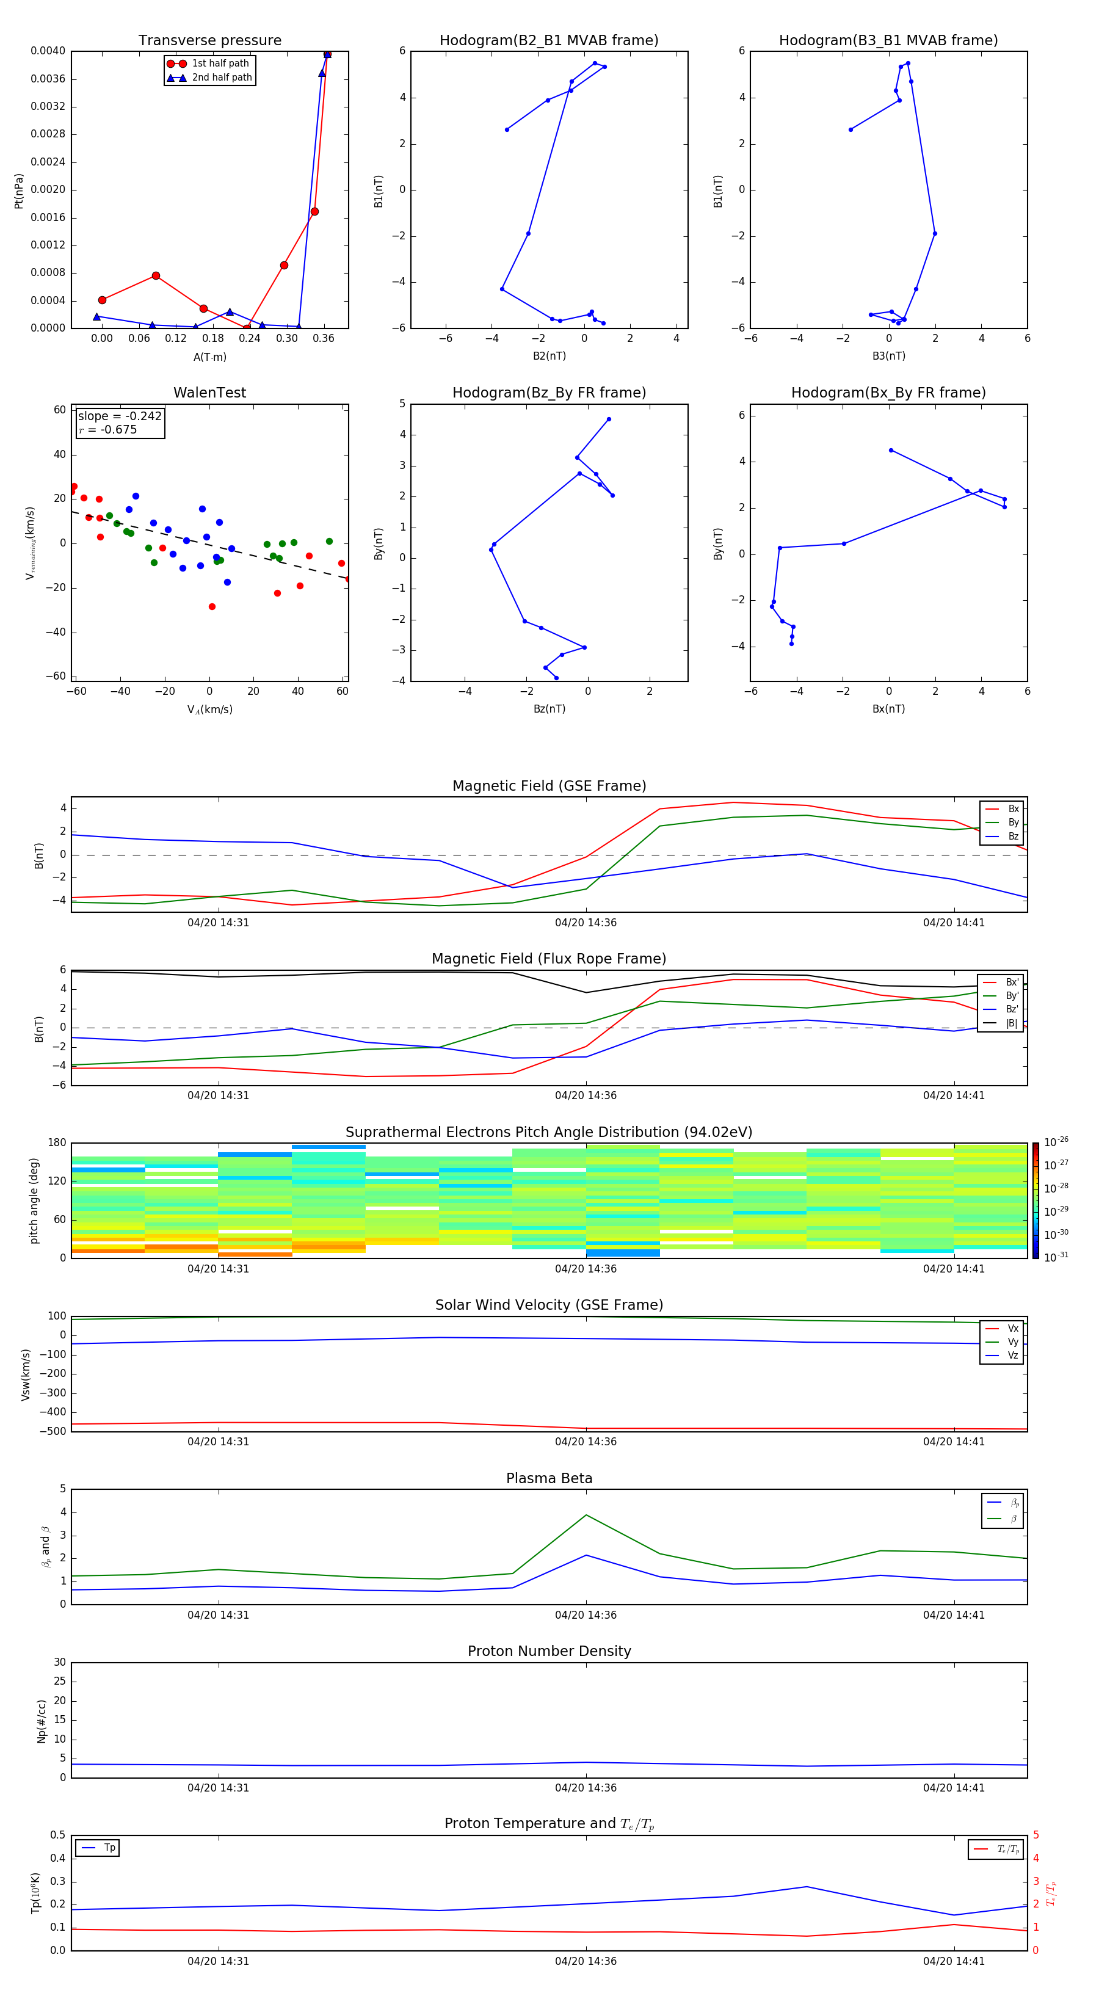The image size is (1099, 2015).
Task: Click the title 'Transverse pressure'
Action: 209,41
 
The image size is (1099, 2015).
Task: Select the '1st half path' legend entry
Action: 220,64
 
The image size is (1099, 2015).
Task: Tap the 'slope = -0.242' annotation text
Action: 120,416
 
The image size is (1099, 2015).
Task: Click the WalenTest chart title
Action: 209,393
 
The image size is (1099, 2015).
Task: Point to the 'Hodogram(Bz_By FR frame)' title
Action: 549,393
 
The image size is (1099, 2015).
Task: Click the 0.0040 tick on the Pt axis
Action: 48,51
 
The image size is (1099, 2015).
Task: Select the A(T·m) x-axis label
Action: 209,357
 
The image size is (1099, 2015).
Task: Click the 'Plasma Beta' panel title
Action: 549,1478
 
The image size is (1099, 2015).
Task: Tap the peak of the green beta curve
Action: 587,1515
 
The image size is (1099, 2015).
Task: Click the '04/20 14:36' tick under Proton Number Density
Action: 586,1787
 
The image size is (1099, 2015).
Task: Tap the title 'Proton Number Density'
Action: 549,1651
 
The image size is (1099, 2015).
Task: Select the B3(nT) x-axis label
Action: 888,356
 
